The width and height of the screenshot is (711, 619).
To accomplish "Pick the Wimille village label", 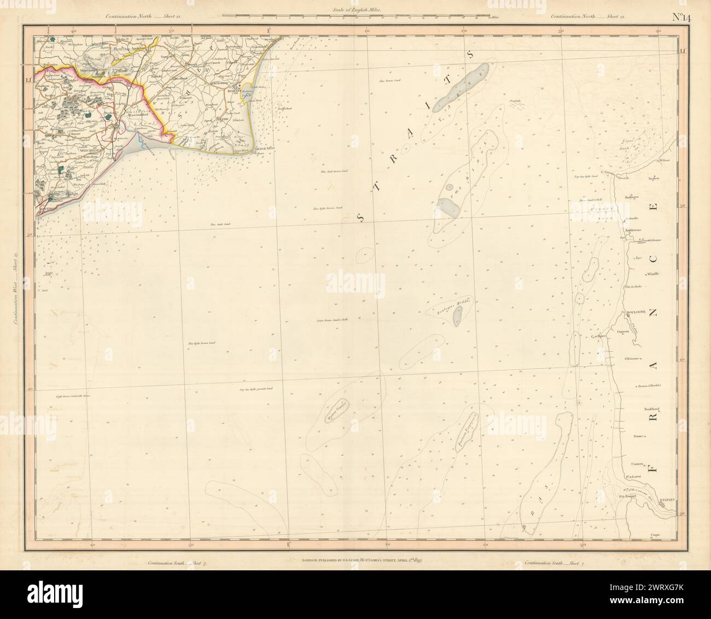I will point(654,274).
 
